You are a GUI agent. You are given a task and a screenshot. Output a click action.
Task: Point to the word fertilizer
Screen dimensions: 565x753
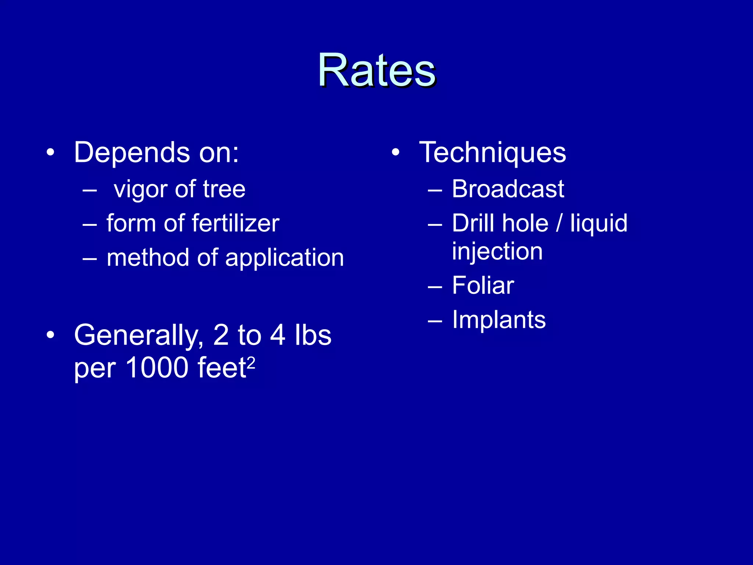[235, 223]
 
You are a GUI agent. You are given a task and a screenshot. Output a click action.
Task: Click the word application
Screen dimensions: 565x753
[285, 258]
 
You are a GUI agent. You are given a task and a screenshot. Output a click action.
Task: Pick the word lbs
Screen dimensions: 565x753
[313, 335]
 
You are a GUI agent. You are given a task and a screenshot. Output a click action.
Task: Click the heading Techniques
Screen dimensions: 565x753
[493, 153]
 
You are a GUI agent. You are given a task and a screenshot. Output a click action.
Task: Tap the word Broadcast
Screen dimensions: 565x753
[508, 189]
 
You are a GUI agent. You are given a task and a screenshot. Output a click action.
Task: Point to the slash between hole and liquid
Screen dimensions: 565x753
[559, 223]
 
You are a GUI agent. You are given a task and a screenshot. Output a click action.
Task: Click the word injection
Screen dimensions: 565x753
[497, 252]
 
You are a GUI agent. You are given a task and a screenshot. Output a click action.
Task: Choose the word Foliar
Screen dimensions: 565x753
[483, 285]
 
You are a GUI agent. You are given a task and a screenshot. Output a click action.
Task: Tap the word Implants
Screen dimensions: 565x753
[499, 320]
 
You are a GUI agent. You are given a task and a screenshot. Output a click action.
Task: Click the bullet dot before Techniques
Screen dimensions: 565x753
[395, 152]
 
